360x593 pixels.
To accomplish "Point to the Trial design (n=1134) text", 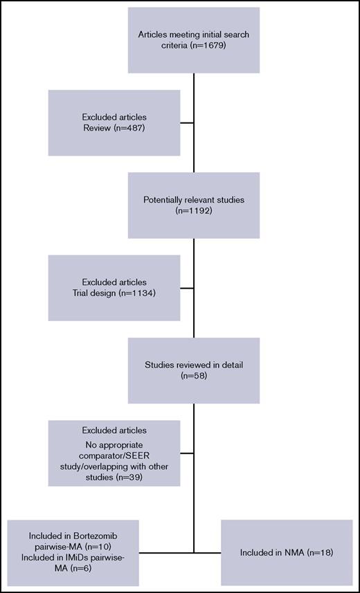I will click(114, 294).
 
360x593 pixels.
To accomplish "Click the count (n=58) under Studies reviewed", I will click(194, 377).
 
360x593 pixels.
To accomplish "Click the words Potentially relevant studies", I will click(194, 199).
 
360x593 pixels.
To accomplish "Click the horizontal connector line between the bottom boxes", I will click(180, 553).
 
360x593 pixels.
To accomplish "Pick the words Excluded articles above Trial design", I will click(114, 282).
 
